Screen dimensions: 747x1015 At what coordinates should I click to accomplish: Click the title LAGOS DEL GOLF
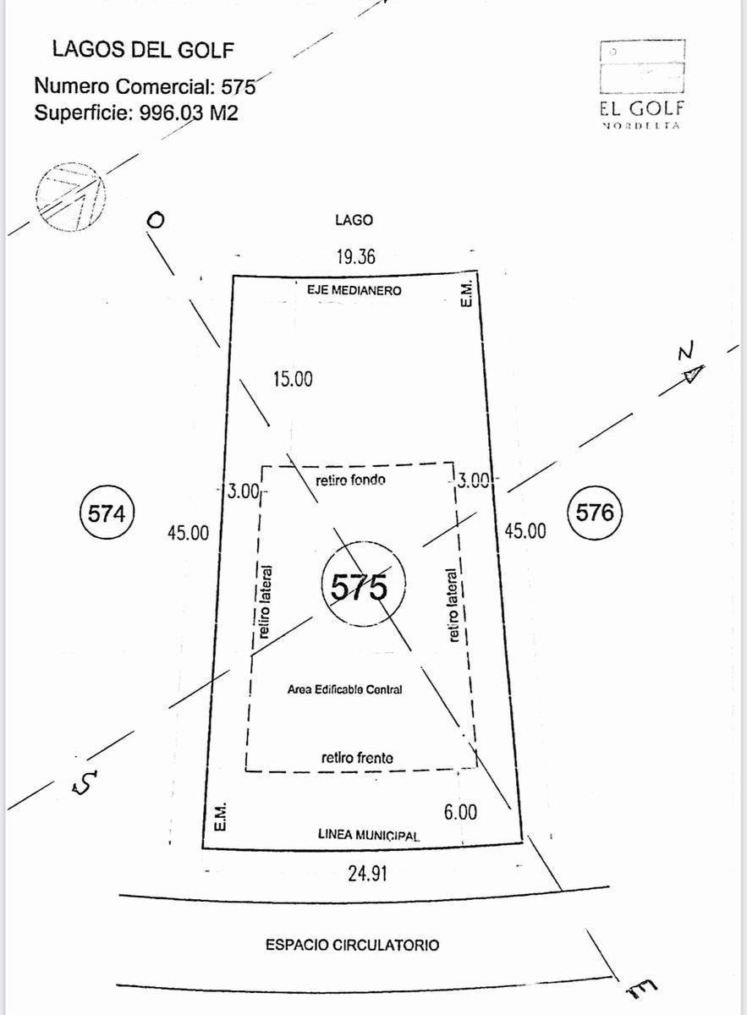click(x=143, y=50)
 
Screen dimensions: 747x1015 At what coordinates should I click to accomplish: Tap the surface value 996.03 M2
click(x=189, y=112)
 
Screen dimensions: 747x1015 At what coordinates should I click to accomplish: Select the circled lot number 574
click(x=107, y=514)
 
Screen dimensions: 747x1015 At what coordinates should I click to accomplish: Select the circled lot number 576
click(x=595, y=513)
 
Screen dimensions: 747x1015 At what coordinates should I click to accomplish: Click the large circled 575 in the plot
click(x=364, y=584)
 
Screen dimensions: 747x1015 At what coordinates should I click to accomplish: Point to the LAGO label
click(x=354, y=220)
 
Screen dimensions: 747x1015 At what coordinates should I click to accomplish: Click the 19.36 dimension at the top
click(x=356, y=257)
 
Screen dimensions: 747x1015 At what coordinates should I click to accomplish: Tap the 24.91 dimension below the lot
click(x=368, y=873)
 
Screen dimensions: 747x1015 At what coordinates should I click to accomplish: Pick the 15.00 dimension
click(x=293, y=379)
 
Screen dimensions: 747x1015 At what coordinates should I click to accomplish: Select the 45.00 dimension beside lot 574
click(x=188, y=532)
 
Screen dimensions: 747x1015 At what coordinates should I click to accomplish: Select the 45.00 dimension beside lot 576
click(x=525, y=530)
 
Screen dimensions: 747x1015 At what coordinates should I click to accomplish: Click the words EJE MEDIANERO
click(x=354, y=290)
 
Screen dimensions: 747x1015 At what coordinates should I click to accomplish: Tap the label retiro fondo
click(x=350, y=480)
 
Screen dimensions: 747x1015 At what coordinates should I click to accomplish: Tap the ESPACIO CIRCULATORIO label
click(x=352, y=945)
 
